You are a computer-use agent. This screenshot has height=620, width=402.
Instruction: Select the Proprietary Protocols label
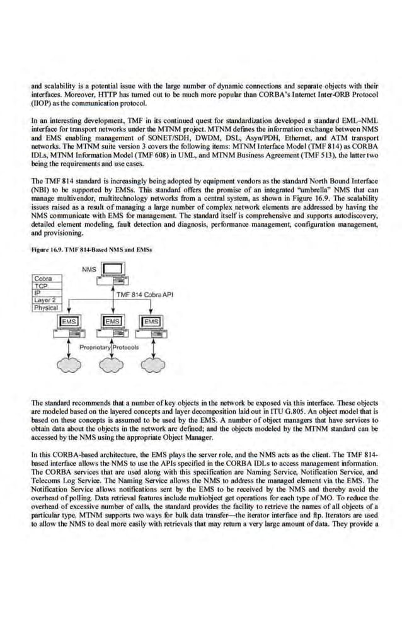pyautogui.click(x=111, y=347)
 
